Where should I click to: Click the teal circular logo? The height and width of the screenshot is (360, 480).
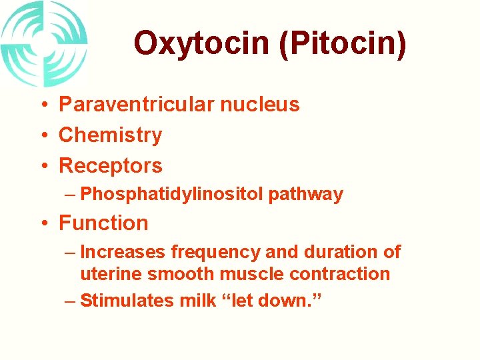pyautogui.click(x=44, y=44)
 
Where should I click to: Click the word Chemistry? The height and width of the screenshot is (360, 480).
pyautogui.click(x=110, y=135)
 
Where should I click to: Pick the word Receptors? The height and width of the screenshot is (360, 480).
pyautogui.click(x=110, y=165)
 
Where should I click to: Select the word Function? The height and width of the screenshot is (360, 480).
pyautogui.click(x=103, y=223)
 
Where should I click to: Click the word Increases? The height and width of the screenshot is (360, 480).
pyautogui.click(x=123, y=252)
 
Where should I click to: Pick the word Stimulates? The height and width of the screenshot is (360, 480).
pyautogui.click(x=127, y=301)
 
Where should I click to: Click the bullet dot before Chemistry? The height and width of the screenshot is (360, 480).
pyautogui.click(x=42, y=135)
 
